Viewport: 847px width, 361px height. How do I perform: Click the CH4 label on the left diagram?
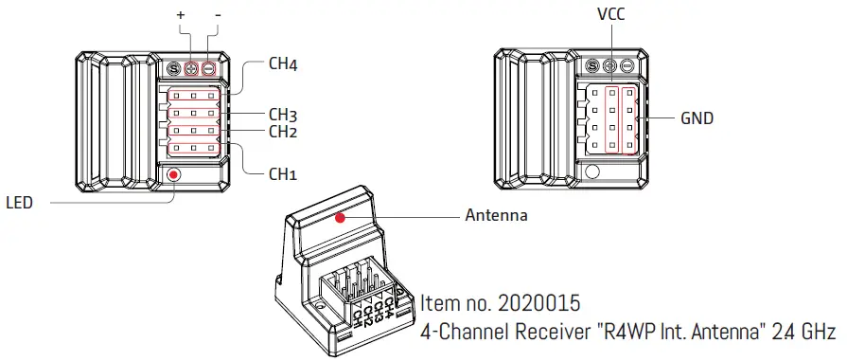[x=284, y=65]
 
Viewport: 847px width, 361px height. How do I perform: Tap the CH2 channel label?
[x=284, y=132]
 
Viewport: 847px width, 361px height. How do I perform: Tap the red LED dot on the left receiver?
[x=173, y=174]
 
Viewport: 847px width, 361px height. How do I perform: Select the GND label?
[x=697, y=119]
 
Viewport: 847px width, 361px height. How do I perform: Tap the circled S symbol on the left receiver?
[x=173, y=69]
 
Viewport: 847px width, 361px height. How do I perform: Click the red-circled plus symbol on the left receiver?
[x=191, y=69]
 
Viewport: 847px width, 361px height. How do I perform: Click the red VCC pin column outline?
[x=611, y=119]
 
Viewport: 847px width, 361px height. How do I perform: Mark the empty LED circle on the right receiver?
[x=593, y=171]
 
